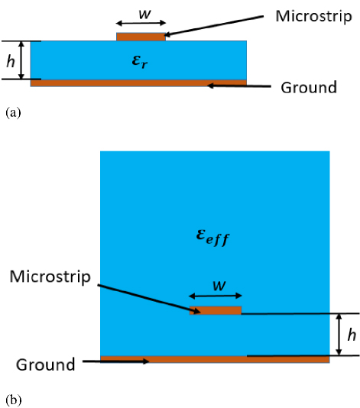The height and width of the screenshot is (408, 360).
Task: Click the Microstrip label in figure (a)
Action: point(313,17)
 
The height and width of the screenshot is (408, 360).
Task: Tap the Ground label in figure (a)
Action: point(309,87)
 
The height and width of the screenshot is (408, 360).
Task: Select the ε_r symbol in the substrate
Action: point(140,62)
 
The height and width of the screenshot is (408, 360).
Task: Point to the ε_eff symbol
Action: point(212,238)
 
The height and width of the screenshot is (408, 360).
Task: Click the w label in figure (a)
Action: point(144,14)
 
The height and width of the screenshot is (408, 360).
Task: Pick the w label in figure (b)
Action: point(219,286)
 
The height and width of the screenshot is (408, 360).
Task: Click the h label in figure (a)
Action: point(11,62)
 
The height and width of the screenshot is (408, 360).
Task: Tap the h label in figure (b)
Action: point(352,335)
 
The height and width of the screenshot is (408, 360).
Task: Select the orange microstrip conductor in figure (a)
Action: point(141,37)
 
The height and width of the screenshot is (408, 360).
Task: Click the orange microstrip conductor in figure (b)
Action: point(216,310)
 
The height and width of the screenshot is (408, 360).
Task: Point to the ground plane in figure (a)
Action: point(138,83)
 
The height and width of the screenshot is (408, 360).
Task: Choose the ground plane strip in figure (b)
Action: point(215,359)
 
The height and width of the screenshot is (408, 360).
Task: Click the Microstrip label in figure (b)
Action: point(50,277)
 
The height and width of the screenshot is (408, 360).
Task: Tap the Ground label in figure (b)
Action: point(46,364)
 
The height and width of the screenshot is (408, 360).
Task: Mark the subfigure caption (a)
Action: point(13,113)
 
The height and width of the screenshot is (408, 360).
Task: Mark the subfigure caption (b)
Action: point(14,400)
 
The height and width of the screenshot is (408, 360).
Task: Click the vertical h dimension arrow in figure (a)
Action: point(21,60)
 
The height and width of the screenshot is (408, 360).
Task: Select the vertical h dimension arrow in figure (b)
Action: point(339,335)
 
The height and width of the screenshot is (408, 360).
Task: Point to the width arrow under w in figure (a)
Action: point(141,23)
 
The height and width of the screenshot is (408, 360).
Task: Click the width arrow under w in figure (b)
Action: point(216,296)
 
